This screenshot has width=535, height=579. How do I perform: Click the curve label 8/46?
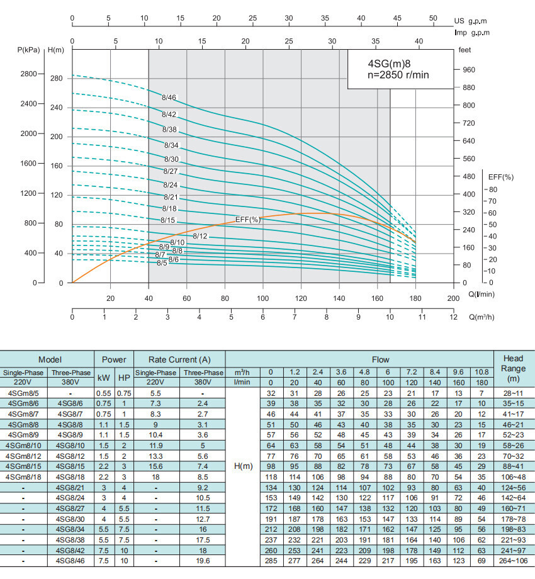pos(169,98)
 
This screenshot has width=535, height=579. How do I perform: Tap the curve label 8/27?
pos(171,171)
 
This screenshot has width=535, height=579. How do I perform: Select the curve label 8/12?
pos(200,236)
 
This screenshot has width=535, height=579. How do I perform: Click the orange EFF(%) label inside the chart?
pos(248,220)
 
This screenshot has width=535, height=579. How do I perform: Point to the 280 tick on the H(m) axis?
pos(57,79)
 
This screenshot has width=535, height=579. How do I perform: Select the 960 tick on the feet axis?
pos(468,70)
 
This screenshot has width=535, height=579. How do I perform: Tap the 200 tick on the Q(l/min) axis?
pos(453,298)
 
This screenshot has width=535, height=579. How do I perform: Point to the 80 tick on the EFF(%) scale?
pos(492,189)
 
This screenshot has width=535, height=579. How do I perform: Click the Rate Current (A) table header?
pos(179,359)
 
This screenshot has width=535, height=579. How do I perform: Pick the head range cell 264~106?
pos(514,559)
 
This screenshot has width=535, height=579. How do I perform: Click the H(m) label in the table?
pos(242,466)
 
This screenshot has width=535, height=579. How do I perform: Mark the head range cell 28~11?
pos(514,393)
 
